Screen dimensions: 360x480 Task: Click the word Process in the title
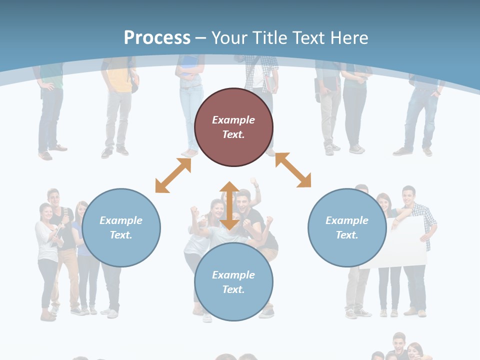(x=157, y=37)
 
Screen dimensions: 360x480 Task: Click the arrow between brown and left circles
(x=173, y=175)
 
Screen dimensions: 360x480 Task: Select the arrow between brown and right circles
(x=293, y=170)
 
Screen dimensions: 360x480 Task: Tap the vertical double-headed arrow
(x=229, y=205)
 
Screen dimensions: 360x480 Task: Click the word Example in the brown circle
(x=233, y=120)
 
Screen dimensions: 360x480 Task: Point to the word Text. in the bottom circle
(x=233, y=289)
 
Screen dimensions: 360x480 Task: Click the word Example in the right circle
(x=347, y=220)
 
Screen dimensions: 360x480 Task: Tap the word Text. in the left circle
(x=121, y=235)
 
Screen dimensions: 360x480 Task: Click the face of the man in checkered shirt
(x=409, y=194)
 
